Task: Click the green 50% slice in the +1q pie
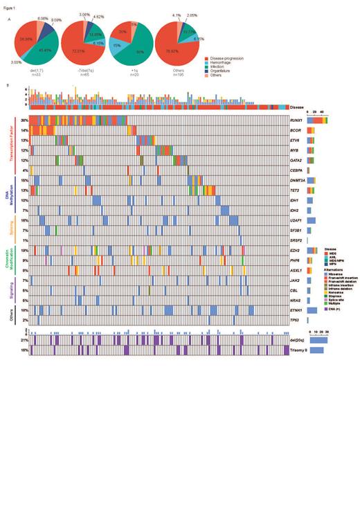click(132, 50)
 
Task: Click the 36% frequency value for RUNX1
click(24, 120)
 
